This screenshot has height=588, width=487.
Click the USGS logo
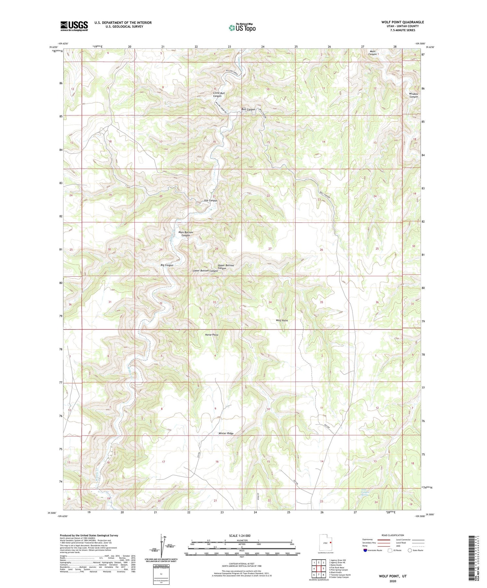(74, 26)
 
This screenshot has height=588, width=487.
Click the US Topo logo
(242, 28)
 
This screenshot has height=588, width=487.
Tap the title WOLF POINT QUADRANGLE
(402, 22)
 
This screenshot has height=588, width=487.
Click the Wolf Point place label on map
(282, 320)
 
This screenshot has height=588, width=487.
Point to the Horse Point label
(212, 335)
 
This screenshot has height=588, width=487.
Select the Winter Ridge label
(226, 433)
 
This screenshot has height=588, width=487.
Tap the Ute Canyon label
(210, 200)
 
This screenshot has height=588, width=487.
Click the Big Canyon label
(167, 265)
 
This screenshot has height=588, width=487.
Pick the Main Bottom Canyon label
(186, 234)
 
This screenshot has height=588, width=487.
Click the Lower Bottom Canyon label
(205, 270)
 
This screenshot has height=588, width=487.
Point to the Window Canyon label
(413, 95)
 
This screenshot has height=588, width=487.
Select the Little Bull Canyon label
(219, 94)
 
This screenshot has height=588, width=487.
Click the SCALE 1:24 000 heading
(240, 535)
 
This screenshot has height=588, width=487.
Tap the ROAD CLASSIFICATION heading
(393, 535)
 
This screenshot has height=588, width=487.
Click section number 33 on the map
(214, 302)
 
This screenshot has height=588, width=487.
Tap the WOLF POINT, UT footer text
(393, 576)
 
